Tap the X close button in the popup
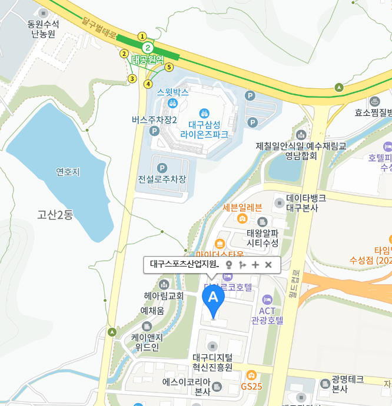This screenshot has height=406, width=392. tap(268, 265)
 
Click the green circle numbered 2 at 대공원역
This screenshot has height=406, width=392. tap(148, 48)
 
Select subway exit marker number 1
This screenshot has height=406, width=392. tap(142, 36)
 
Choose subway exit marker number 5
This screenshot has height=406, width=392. tap(169, 67)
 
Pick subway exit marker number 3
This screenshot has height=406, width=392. tap(132, 78)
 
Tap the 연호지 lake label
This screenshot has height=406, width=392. tap(68, 172)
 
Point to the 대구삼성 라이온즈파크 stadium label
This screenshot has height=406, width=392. tap(204, 129)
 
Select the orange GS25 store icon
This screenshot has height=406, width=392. tap(251, 375)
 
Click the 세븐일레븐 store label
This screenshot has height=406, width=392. tap(242, 207)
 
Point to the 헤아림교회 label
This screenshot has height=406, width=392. tap(164, 295)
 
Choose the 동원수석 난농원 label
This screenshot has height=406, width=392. tap(44, 29)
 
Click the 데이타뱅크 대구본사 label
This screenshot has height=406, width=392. tap(306, 203)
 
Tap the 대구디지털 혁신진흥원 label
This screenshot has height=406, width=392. tap(212, 362)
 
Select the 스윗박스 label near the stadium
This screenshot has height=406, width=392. tap(173, 92)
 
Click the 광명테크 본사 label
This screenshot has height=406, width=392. tap(347, 384)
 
